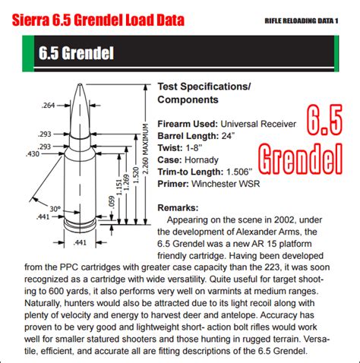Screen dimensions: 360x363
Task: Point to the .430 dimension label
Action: [33, 154]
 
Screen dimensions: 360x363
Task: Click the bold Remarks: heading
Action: [178, 207]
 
